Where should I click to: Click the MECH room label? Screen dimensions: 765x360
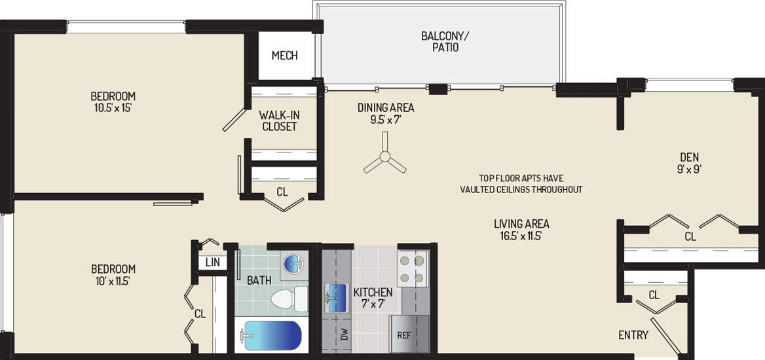(x=284, y=56)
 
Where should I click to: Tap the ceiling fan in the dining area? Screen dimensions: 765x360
(x=385, y=156)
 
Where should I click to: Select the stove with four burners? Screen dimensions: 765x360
(x=413, y=270)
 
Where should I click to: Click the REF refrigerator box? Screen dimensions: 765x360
(x=409, y=334)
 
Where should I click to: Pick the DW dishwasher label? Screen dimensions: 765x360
(x=345, y=334)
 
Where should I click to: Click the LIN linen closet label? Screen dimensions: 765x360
(x=212, y=263)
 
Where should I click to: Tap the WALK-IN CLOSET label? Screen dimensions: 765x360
(x=280, y=121)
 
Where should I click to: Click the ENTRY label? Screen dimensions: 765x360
(x=633, y=335)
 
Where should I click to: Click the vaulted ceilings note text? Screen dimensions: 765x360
(x=521, y=184)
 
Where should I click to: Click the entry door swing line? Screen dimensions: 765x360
(x=665, y=336)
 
